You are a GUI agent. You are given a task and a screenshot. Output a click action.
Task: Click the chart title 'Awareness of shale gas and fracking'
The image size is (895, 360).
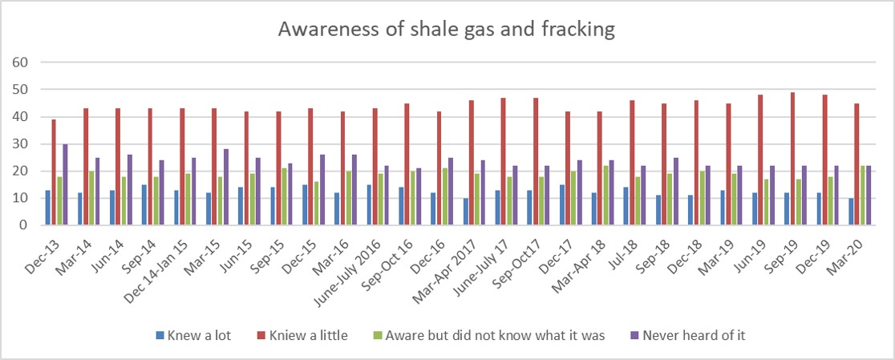point(447,30)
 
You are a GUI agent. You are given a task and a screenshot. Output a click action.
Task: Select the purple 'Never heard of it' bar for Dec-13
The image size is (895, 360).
point(66,184)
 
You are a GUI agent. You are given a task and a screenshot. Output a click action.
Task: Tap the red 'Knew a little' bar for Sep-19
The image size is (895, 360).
point(793,159)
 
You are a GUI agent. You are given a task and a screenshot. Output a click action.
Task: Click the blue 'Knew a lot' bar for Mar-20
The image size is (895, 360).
point(850,212)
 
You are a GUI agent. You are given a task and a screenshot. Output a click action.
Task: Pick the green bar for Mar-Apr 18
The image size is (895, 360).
point(605,196)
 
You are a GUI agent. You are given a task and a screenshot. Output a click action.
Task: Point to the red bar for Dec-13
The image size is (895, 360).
point(54,172)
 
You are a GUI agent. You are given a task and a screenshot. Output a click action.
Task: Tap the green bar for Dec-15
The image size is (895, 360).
point(316,204)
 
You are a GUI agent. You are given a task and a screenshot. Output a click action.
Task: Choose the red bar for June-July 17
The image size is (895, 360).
point(504,161)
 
